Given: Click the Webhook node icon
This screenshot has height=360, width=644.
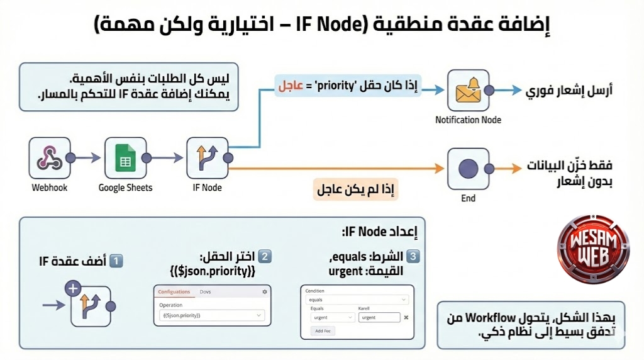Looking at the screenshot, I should pyautogui.click(x=49, y=157).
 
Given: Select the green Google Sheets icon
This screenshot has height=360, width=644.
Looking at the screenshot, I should pyautogui.click(x=125, y=157).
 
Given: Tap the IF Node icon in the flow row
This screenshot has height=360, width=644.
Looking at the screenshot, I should pyautogui.click(x=207, y=157).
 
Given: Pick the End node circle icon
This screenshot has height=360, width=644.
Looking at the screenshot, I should pyautogui.click(x=468, y=168).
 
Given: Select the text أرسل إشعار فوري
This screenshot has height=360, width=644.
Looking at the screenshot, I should pyautogui.click(x=569, y=91).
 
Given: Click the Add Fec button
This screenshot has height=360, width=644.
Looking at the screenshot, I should pyautogui.click(x=324, y=330).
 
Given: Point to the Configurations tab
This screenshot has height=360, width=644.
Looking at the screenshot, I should pyautogui.click(x=174, y=291).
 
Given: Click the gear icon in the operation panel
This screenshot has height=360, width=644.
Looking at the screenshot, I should pyautogui.click(x=265, y=291).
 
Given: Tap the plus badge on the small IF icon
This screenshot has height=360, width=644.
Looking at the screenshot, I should pyautogui.click(x=73, y=290).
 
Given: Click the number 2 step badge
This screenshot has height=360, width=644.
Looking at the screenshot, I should pyautogui.click(x=265, y=257).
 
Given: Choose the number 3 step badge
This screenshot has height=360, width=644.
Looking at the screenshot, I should pyautogui.click(x=413, y=257).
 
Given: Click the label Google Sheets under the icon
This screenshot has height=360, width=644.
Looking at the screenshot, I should pyautogui.click(x=125, y=188).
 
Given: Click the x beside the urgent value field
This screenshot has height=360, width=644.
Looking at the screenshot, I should pyautogui.click(x=406, y=317).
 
